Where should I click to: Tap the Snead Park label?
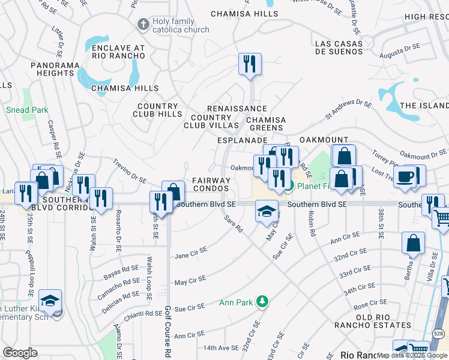[x=26, y=110]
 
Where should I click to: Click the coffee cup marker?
[x=406, y=177]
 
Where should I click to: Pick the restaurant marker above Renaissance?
[x=249, y=64]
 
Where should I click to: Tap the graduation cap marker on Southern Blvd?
[x=267, y=211]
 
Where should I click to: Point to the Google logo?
[x=20, y=352]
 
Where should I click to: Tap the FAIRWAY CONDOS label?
[x=211, y=184]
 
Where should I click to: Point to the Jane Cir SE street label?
[x=190, y=255]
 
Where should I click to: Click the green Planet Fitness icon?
[x=289, y=186]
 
